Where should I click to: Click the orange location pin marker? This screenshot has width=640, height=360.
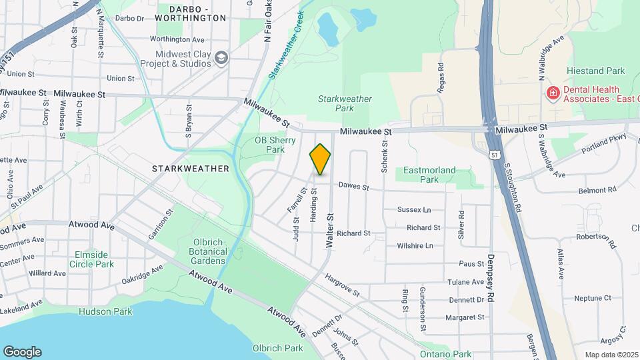(320, 159)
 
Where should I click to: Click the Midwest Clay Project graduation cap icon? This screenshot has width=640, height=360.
(221, 59)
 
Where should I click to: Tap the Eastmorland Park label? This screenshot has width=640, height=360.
(430, 175)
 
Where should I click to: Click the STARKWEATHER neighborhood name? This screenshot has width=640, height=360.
(190, 169)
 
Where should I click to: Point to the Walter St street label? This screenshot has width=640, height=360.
(329, 231)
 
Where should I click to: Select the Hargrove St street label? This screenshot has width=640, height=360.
(342, 285)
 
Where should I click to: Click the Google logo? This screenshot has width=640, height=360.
(22, 351)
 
